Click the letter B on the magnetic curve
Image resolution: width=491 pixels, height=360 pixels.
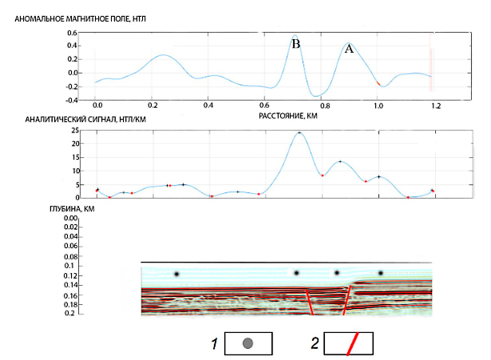point(295,44)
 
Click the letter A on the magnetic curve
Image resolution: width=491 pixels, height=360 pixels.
point(348,49)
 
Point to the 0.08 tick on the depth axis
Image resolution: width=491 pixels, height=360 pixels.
point(70,257)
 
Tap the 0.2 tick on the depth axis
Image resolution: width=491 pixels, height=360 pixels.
point(73,314)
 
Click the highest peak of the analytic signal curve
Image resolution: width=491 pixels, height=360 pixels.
point(299,133)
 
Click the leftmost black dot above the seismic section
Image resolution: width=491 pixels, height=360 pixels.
point(176,274)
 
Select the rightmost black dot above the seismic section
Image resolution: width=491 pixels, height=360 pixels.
point(381,274)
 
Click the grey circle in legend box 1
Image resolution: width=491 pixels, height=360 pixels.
point(248,344)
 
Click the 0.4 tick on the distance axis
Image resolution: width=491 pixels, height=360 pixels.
point(209,105)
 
